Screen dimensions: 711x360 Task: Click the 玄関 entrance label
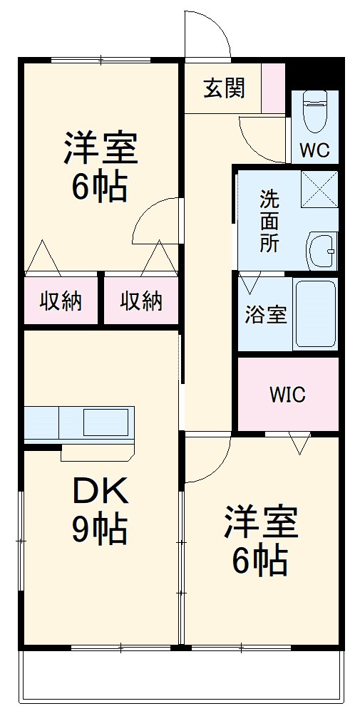[x=224, y=88]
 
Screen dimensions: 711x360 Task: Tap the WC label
[x=314, y=150]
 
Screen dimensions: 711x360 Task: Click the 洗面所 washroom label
[x=269, y=220]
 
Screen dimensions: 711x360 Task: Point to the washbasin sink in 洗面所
[x=322, y=250]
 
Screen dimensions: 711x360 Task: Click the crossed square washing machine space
[x=319, y=189]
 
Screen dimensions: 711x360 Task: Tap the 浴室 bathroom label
[x=266, y=314]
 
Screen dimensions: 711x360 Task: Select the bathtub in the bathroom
[x=314, y=314]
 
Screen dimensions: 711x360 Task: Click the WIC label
[x=287, y=394]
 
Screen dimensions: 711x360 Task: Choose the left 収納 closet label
[x=61, y=301]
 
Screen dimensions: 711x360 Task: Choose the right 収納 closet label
[x=140, y=301]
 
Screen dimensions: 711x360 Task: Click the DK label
[x=100, y=491]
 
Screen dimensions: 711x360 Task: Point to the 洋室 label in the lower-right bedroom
[x=260, y=524]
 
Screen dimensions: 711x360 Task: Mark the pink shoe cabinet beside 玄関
[x=273, y=88]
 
